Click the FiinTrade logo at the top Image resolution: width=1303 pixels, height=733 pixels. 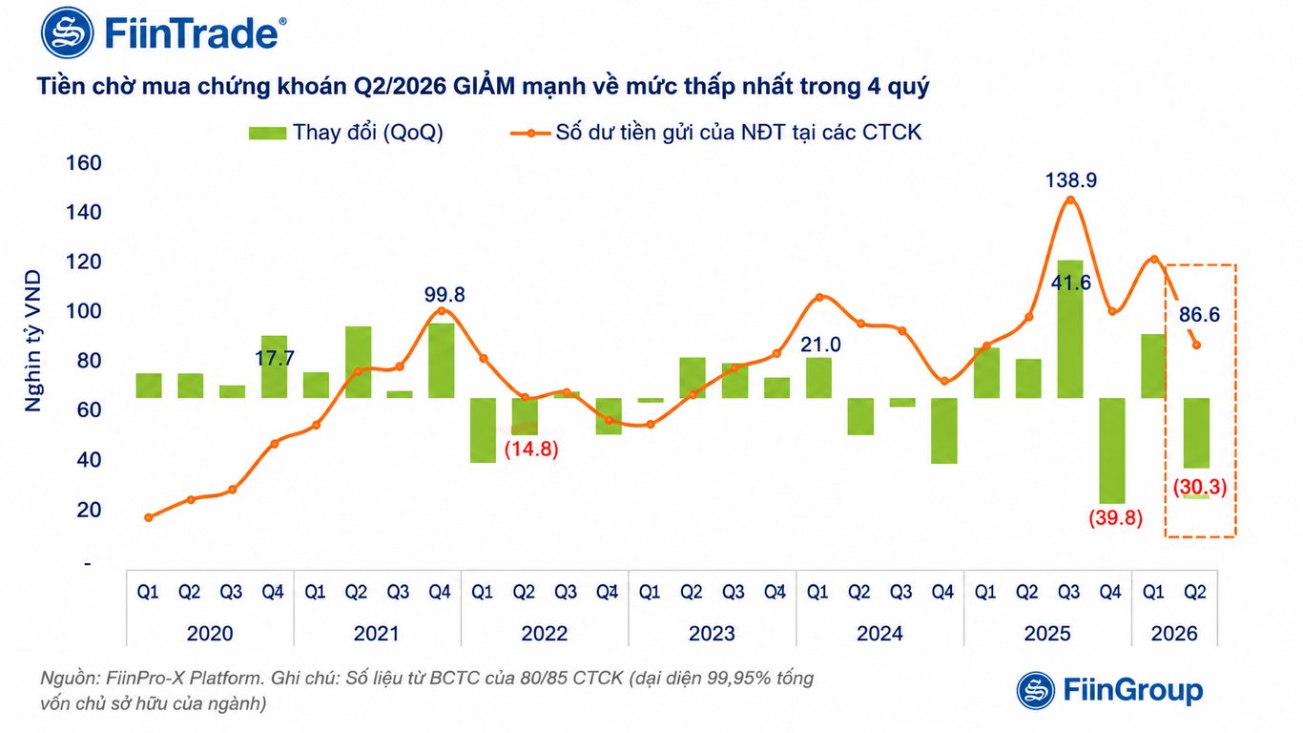163,32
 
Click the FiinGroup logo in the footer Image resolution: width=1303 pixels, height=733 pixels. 1110,690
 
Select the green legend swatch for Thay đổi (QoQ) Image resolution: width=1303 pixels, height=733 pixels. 268,134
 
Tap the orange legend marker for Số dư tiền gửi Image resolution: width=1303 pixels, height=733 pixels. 530,134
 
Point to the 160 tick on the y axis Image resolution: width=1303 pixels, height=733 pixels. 84,163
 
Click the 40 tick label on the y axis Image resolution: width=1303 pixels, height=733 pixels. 89,460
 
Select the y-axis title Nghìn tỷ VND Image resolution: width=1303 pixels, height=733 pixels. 33,341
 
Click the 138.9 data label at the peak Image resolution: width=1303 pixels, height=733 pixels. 1071,180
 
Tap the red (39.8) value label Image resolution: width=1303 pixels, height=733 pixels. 1116,517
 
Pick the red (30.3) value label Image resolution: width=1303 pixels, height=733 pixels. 1199,487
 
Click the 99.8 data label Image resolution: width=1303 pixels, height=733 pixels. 445,295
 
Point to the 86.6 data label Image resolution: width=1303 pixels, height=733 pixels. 1199,315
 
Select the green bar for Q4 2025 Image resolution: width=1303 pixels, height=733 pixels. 1112,450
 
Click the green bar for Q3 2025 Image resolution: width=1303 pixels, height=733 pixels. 1070,329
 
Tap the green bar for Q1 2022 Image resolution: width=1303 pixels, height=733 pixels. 484,430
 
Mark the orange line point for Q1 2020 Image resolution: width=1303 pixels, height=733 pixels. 149,517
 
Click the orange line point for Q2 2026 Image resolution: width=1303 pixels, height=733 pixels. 1196,346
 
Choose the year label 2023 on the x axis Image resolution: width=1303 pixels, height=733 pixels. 712,634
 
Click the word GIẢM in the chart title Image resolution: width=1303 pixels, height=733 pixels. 484,86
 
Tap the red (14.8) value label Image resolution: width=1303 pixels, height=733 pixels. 531,450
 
